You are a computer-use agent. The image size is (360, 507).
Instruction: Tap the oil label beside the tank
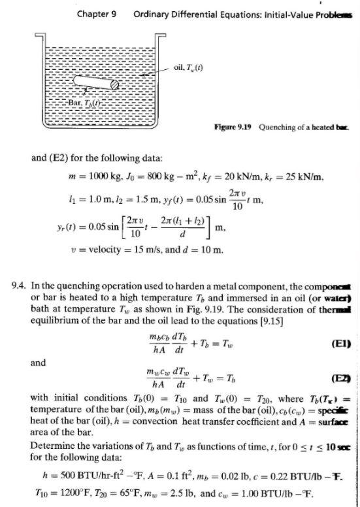pos(189,67)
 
